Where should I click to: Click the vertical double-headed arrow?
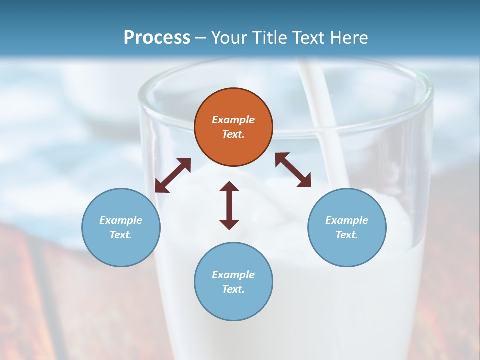(x=229, y=205)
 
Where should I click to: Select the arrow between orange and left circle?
(x=173, y=175)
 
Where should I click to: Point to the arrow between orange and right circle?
(x=293, y=170)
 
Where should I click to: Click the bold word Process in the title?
(x=157, y=37)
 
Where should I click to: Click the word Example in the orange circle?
(x=233, y=120)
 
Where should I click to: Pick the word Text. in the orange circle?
(x=233, y=134)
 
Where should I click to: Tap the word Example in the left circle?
(x=121, y=220)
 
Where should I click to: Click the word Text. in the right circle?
(x=347, y=235)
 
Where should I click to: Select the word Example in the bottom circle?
(x=233, y=275)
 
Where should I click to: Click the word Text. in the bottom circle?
(x=233, y=289)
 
